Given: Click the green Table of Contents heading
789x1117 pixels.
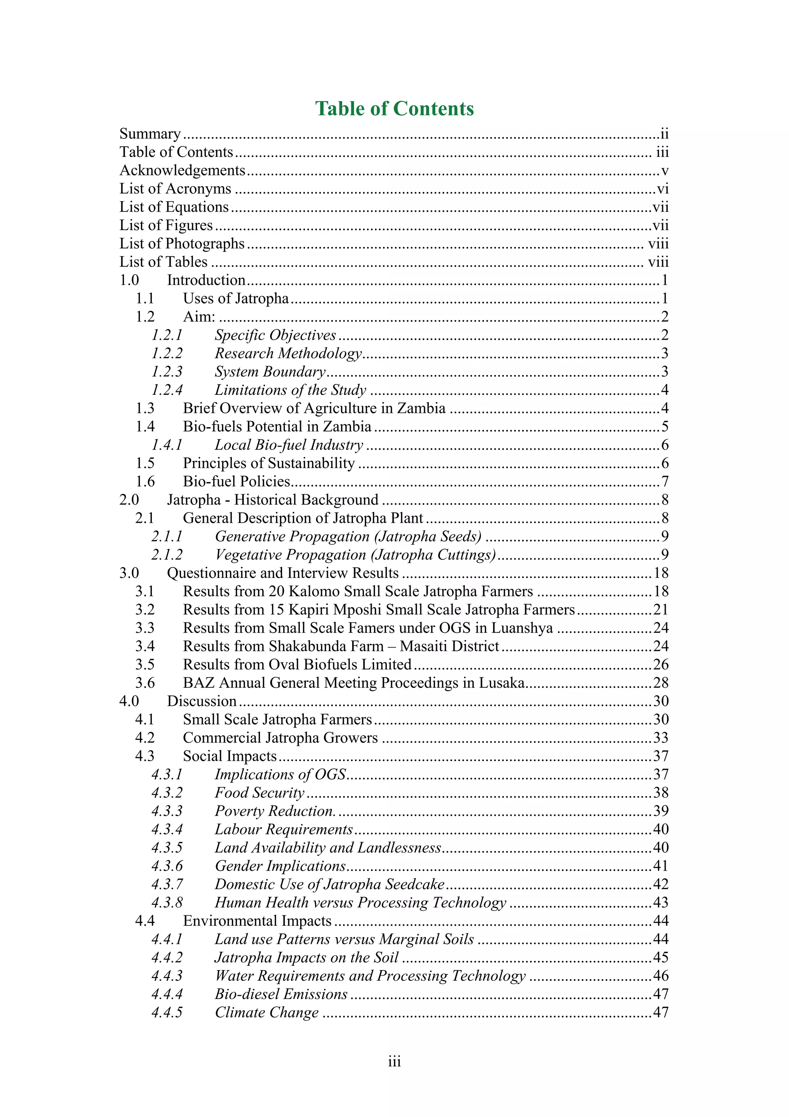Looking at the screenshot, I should (x=394, y=108).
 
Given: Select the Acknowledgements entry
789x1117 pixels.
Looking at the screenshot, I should (x=182, y=170).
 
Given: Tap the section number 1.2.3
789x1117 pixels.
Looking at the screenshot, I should (x=167, y=372).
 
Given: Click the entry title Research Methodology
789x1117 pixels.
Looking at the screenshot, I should (x=288, y=353).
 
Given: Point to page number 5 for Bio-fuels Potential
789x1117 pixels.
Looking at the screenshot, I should (x=665, y=427).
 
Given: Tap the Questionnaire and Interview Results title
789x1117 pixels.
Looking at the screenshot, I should (x=282, y=573).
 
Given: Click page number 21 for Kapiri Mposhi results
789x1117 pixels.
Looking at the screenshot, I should (x=661, y=610).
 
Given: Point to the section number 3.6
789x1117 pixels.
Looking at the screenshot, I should (x=145, y=683).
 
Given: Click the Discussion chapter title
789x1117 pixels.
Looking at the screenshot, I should (x=202, y=701).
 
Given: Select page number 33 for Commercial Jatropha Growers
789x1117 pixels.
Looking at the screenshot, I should (x=661, y=738).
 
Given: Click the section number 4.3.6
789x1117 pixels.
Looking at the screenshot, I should (x=167, y=866).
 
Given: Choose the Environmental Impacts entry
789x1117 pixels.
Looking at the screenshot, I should (x=257, y=921).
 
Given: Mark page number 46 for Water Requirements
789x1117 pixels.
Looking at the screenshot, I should (x=661, y=976).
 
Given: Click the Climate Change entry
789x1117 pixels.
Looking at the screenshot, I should (x=266, y=1013).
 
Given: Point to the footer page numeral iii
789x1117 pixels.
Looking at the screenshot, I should (x=394, y=1062).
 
